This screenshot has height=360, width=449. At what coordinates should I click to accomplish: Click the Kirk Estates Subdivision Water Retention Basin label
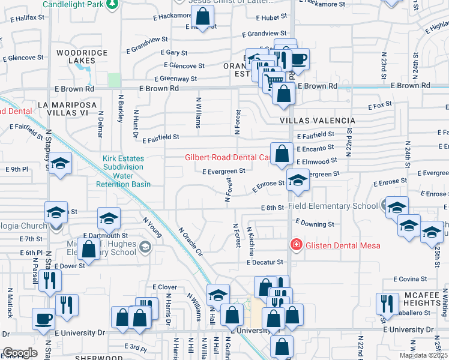[x=123, y=172]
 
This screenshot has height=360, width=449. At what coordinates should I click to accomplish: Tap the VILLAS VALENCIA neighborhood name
[x=317, y=121]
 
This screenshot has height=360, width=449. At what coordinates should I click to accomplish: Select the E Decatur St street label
[x=264, y=262]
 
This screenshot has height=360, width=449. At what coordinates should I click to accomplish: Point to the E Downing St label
[x=315, y=224]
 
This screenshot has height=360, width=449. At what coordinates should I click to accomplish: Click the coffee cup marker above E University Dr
[x=43, y=318]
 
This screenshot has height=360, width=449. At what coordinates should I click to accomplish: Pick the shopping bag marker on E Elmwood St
[x=282, y=154]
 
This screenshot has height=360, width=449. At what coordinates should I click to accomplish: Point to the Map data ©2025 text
[x=424, y=355]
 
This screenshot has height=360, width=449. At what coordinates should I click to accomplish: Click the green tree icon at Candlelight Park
[x=111, y=4]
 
